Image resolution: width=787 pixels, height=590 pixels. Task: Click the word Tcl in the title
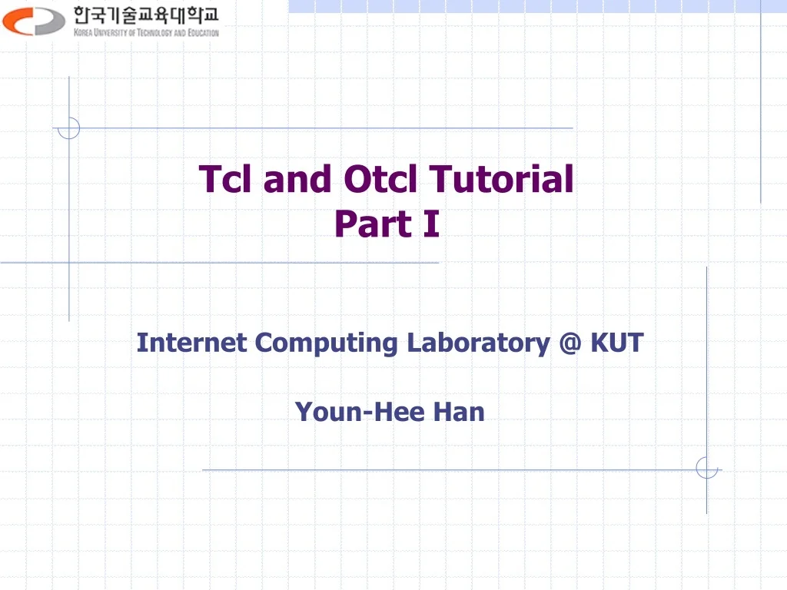coord(227,179)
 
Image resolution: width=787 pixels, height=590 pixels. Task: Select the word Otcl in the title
coord(381,179)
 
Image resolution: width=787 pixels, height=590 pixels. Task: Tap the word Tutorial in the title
coord(501,179)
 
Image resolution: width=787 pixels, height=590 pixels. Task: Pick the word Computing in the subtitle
coord(326,343)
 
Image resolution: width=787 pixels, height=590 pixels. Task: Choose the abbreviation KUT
coord(616,342)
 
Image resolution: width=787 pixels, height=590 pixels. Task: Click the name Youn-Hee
coord(360,412)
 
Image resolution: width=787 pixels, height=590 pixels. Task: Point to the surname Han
coord(458,412)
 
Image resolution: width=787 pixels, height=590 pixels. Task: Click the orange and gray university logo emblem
coord(34,21)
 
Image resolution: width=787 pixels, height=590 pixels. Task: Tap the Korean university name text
coord(146,15)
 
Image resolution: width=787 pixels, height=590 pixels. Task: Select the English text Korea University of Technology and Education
coord(146,33)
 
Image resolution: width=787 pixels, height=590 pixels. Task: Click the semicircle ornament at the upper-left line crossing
coord(69,128)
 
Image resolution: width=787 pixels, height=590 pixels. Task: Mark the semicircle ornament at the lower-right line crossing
coord(706,468)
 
